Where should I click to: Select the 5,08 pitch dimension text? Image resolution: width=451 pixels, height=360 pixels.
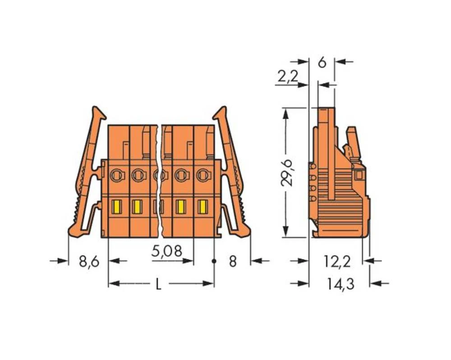coord(166,251)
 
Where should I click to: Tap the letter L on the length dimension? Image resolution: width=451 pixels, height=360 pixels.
coord(158,284)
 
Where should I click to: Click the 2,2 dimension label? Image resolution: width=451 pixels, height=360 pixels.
coord(287,77)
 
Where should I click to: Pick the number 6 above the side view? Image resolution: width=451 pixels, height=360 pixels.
coord(322,62)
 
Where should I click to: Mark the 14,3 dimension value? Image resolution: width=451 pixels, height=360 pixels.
coord(341,284)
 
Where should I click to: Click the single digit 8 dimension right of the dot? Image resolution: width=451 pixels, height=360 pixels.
coord(233,261)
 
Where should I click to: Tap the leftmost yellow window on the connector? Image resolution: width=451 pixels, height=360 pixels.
coord(115,206)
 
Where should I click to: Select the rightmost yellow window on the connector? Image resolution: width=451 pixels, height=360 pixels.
coord(203,206)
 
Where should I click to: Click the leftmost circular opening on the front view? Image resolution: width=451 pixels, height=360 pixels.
coord(116,173)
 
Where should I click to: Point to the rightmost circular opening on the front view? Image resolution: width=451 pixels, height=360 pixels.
coord(203,173)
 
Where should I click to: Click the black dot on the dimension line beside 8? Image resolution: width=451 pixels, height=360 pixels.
coord(214,261)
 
